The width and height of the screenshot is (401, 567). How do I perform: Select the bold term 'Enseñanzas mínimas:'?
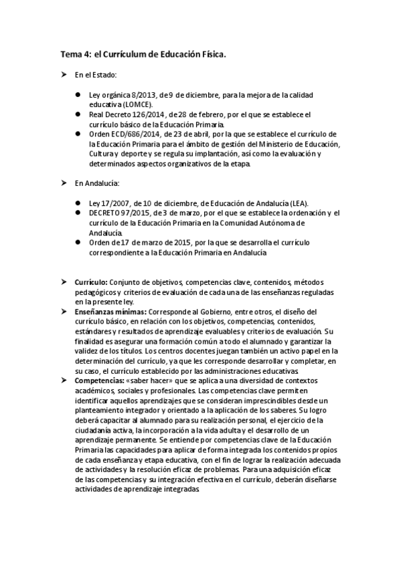pyautogui.click(x=111, y=312)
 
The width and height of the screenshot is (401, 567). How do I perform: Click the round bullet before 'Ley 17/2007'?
pyautogui.click(x=78, y=203)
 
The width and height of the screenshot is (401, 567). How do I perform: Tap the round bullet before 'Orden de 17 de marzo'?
pyautogui.click(x=78, y=243)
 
